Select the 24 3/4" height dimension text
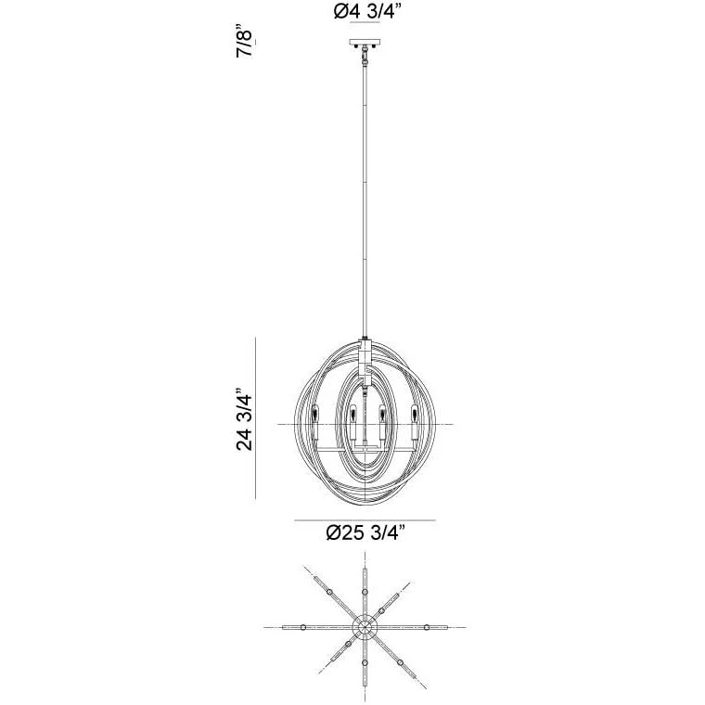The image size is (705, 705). [x=245, y=419]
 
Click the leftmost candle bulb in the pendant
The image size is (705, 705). [x=318, y=415]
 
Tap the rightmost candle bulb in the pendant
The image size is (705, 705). [x=416, y=415]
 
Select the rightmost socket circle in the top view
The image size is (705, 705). [x=427, y=627]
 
